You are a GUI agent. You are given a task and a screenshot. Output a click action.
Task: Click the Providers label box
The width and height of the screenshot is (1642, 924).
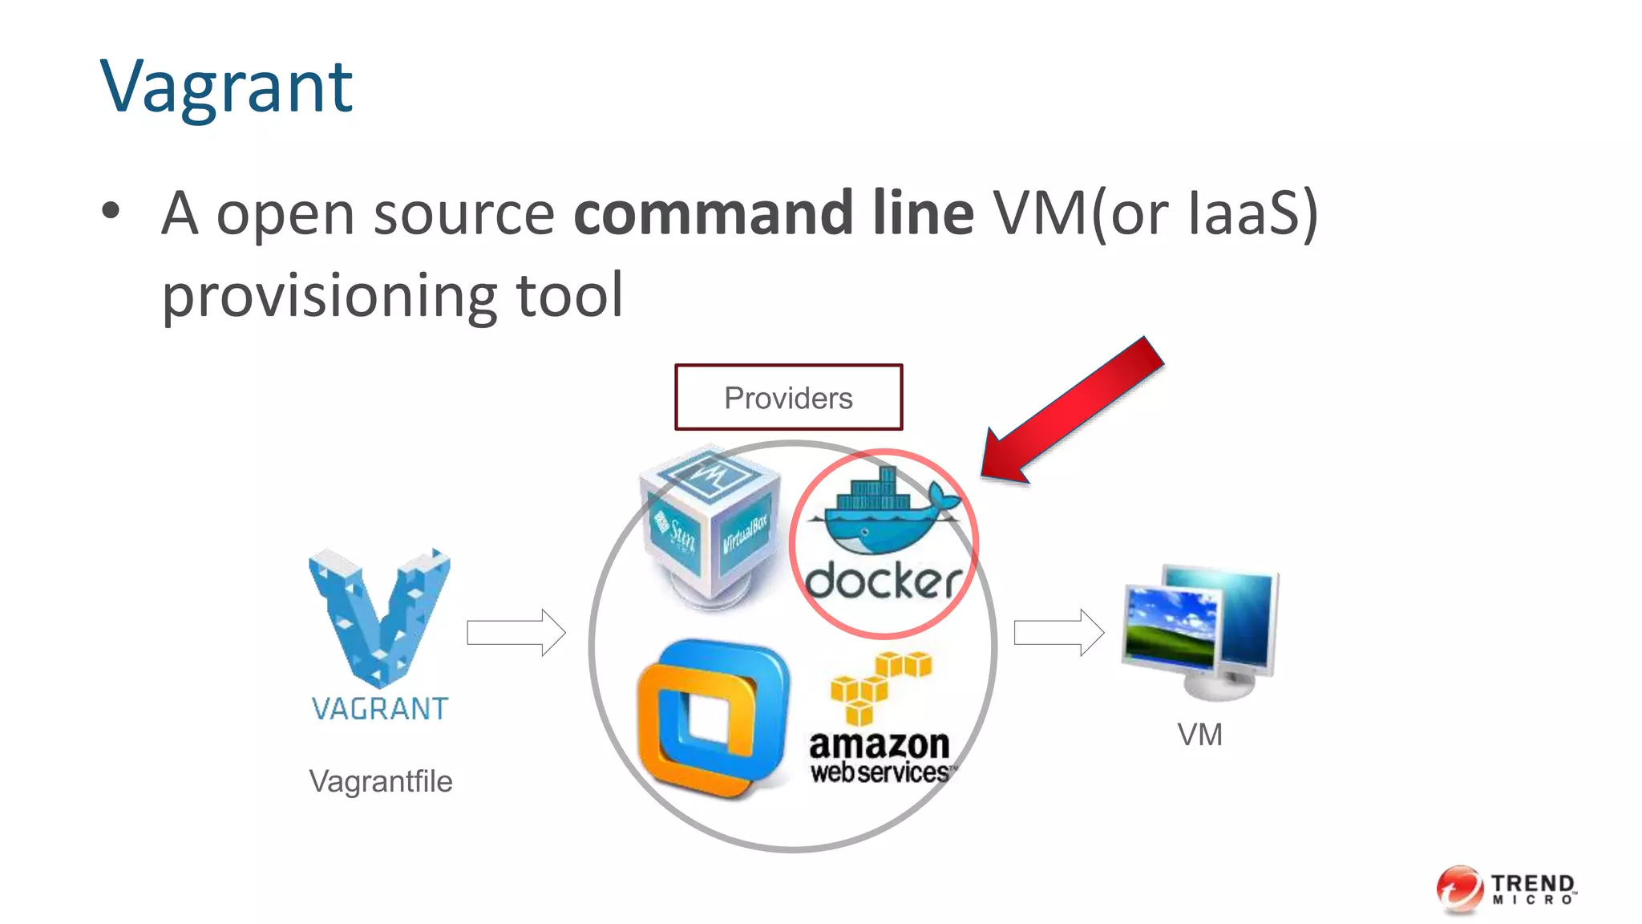point(788,398)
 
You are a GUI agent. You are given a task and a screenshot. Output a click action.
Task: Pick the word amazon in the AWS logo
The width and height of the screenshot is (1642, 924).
point(879,744)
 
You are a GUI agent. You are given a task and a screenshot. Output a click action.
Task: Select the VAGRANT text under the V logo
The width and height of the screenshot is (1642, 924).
point(379,709)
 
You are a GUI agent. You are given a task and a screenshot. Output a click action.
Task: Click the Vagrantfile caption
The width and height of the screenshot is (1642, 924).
point(380,781)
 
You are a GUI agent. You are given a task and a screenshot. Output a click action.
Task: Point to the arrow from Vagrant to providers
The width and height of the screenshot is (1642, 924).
point(516,632)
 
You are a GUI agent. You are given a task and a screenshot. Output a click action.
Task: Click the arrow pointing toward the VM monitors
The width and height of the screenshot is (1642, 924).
point(1058,632)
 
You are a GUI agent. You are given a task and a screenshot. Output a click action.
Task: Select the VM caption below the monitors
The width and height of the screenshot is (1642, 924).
point(1199,735)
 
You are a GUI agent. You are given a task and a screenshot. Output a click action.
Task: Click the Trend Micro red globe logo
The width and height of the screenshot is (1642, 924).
point(1460,889)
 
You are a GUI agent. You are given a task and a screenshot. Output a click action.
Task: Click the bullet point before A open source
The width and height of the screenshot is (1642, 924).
point(111,212)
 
